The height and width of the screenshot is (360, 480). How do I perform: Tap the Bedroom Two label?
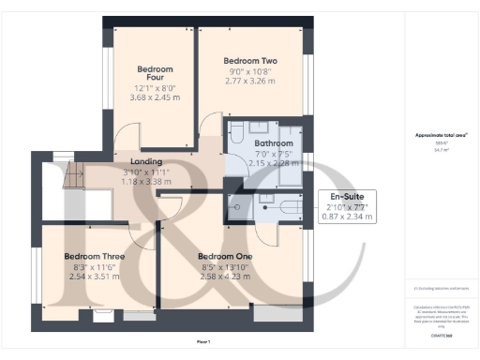(x=250, y=58)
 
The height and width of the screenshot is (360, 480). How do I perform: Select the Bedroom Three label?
(x=96, y=256)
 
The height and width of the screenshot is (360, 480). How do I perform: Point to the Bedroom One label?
(x=226, y=256)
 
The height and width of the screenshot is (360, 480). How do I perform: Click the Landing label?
(x=146, y=161)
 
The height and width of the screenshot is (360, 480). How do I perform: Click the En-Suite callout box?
(x=348, y=206)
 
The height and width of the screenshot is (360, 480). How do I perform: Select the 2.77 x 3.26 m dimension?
(x=250, y=82)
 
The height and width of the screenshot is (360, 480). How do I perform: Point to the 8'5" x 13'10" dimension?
(x=226, y=267)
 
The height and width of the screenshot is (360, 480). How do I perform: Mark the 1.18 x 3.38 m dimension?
(x=146, y=182)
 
